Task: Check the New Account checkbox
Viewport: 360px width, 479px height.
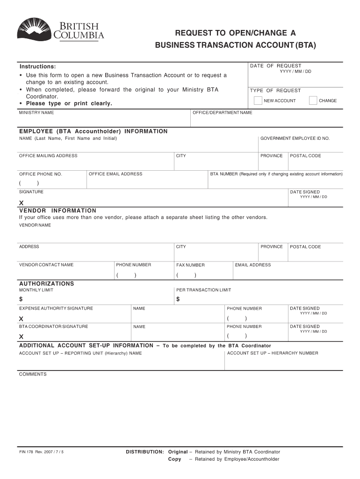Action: [x=258, y=101]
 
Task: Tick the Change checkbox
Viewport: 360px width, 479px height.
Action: [x=313, y=101]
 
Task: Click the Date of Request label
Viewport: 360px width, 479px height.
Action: [x=275, y=66]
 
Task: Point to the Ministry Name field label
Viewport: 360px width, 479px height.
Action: [x=36, y=113]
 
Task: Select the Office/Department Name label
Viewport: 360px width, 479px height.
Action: [x=222, y=113]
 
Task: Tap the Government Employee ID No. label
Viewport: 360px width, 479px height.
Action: [x=295, y=138]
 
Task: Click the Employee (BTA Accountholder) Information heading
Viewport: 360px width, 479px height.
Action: [x=93, y=131]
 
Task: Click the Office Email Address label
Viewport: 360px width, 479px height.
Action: [x=115, y=174]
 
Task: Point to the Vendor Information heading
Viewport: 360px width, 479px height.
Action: [x=58, y=210]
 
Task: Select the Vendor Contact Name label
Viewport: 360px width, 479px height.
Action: [x=46, y=265]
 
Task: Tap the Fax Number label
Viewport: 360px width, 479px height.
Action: [x=190, y=265]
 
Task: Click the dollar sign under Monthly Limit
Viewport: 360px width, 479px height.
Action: [x=21, y=299]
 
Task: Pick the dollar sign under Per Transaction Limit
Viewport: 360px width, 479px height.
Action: [x=178, y=299]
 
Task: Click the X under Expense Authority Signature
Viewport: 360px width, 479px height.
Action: [x=21, y=319]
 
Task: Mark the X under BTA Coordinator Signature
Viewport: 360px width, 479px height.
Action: [x=21, y=337]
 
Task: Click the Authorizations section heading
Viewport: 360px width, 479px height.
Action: [x=46, y=283]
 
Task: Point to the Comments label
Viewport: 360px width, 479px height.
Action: [x=33, y=374]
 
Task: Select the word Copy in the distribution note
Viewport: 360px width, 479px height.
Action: [x=174, y=459]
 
